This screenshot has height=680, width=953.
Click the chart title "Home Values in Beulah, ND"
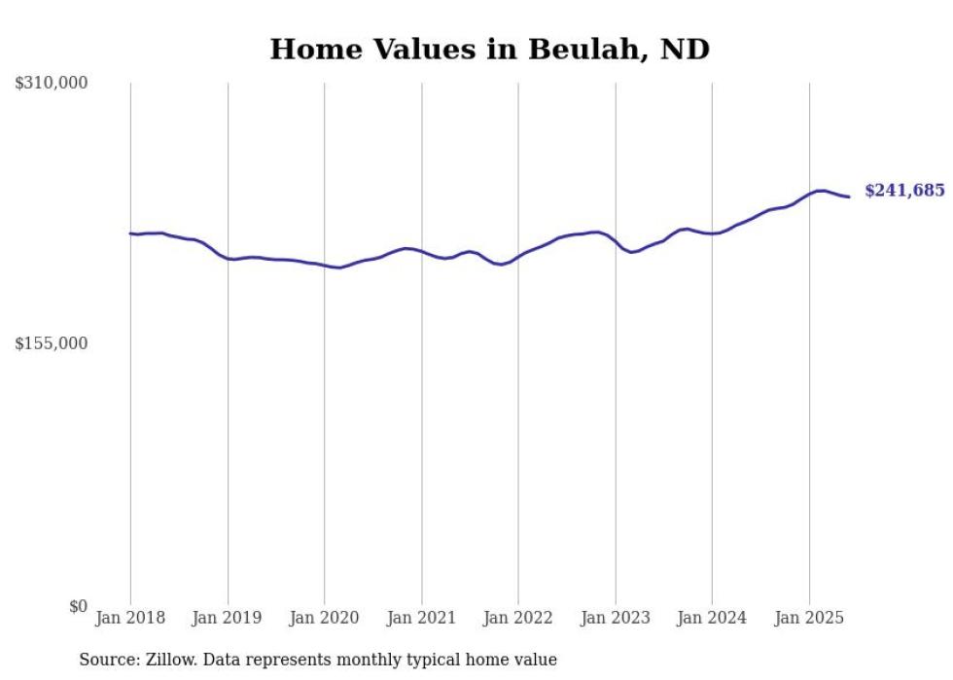pos(489,50)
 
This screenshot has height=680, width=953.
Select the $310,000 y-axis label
pos(52,84)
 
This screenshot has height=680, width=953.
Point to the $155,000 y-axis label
pos(52,343)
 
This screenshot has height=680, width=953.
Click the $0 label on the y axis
pos(78,606)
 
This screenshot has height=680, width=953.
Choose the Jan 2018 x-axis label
pos(130,618)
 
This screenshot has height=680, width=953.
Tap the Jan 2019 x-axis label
pos(228,618)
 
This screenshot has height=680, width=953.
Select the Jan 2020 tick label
pos(324,618)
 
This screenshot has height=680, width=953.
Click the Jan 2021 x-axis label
pos(421,618)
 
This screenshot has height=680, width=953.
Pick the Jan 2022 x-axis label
pos(518,618)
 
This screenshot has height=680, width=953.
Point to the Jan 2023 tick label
pos(615,618)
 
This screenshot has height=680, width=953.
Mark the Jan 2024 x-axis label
pos(712,618)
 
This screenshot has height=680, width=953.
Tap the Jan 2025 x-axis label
pos(809,618)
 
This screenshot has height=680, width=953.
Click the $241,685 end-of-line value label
pos(904,191)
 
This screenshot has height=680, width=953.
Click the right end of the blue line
pos(849,197)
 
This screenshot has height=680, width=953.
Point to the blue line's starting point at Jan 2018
pos(130,233)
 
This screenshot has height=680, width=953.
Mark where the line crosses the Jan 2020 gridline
pos(324,266)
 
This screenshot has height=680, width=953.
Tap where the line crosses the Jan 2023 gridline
pos(615,239)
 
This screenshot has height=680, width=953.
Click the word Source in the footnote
pos(106,660)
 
